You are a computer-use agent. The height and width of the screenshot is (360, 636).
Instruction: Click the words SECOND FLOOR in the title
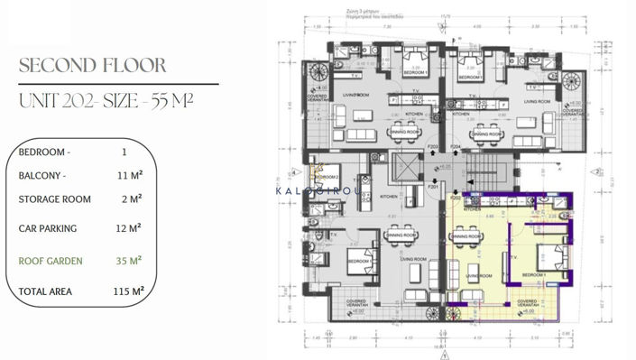click(92, 66)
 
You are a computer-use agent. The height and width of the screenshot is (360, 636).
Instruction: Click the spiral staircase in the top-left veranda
click(318, 71)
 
